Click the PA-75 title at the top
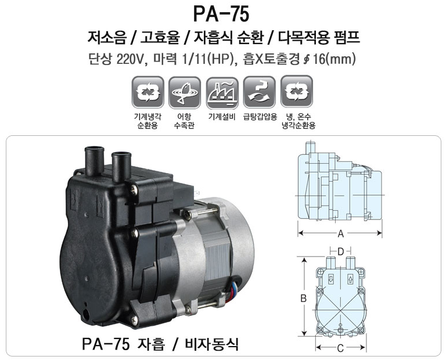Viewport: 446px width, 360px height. (x=221, y=14)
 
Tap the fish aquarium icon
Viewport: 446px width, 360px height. (x=185, y=93)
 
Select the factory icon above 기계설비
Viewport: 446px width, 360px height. (x=222, y=93)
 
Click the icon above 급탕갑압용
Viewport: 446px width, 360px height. (x=259, y=93)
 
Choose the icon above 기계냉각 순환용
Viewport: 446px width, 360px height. (x=148, y=93)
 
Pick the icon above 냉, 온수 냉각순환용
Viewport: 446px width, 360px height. (x=297, y=92)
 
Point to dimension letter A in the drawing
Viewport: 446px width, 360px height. (x=340, y=234)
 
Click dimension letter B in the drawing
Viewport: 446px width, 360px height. (x=304, y=298)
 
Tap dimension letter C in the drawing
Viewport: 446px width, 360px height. (x=340, y=348)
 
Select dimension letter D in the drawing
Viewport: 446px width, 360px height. (x=340, y=251)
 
